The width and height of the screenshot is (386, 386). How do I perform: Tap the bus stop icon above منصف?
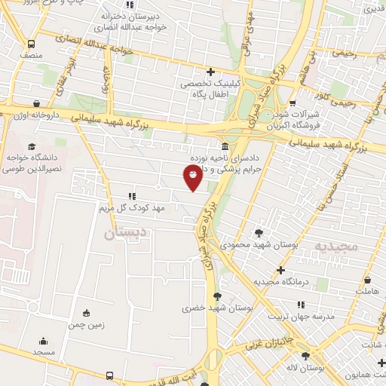(x=31, y=44)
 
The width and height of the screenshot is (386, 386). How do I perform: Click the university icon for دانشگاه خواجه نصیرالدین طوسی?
(x=31, y=146)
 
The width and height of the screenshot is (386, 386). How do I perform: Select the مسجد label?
(x=43, y=352)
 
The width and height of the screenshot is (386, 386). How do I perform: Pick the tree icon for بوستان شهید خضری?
(x=218, y=296)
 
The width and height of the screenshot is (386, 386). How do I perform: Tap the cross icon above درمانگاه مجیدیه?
(x=280, y=270)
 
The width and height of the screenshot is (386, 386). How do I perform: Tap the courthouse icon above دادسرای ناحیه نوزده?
(x=225, y=146)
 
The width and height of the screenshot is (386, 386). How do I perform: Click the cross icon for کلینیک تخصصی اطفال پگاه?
(x=210, y=72)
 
